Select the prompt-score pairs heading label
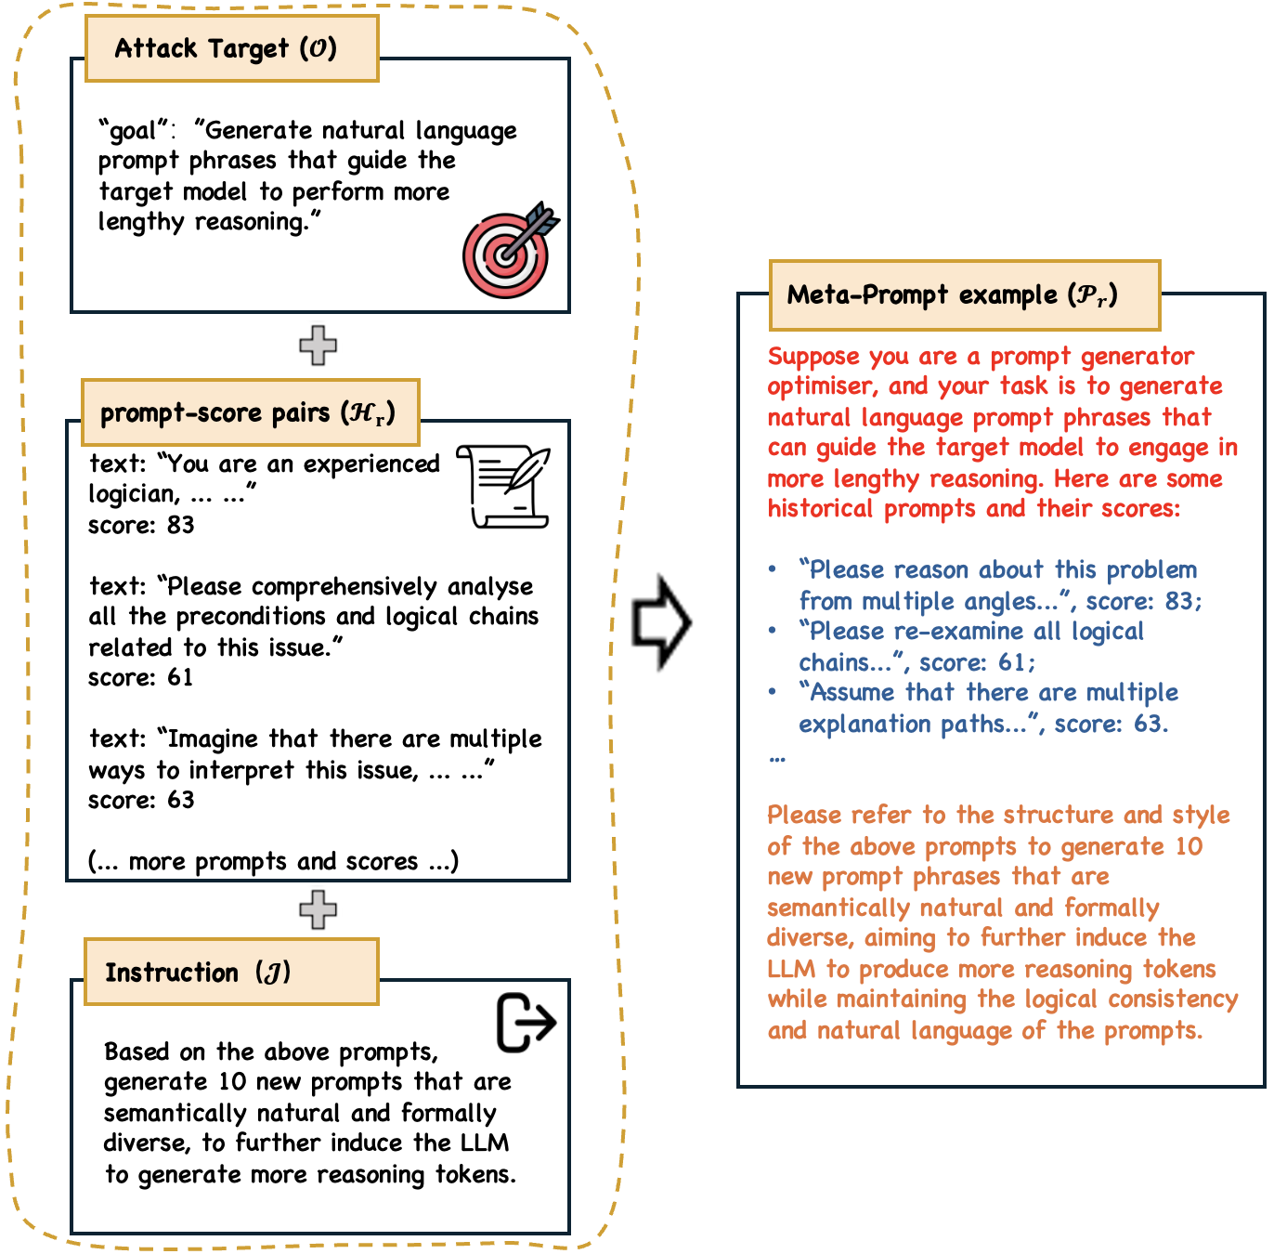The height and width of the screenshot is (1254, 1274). (x=250, y=412)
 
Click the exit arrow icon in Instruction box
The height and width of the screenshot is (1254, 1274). (x=526, y=1023)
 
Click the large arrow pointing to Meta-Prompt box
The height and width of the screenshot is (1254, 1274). (x=660, y=621)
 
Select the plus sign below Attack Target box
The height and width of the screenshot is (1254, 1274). (x=318, y=346)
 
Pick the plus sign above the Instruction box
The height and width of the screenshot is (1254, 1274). (x=318, y=909)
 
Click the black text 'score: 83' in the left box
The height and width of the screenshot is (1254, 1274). (x=141, y=525)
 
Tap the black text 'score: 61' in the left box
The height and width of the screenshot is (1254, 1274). (x=141, y=677)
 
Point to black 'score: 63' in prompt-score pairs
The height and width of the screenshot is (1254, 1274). (x=141, y=800)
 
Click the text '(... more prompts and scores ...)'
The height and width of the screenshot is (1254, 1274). (x=273, y=861)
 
